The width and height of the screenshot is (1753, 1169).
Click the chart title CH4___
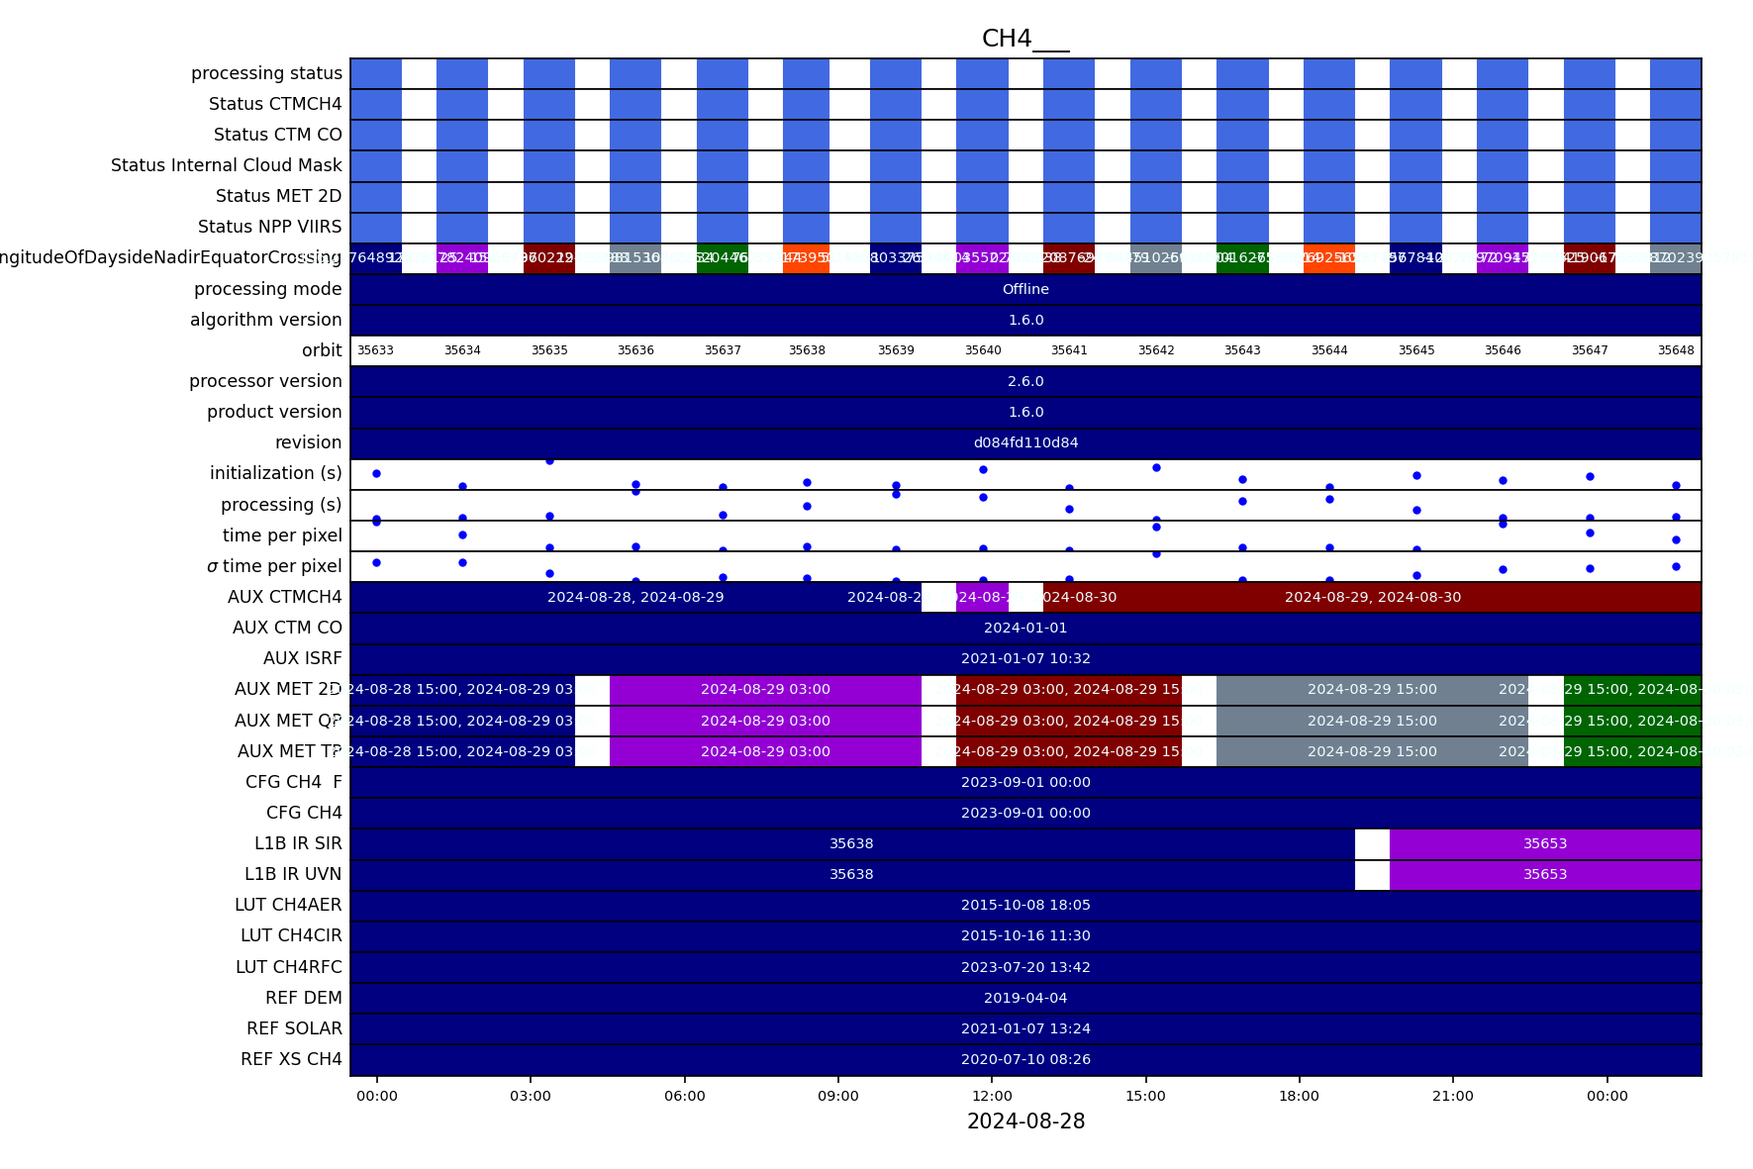1024,39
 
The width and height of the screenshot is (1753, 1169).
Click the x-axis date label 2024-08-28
1025,1121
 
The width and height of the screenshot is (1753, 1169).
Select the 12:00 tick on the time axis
992,1096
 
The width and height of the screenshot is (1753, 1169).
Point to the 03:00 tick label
531,1096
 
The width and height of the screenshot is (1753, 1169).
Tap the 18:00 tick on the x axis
1299,1096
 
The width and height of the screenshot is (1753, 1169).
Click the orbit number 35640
983,350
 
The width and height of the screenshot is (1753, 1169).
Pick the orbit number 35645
1416,350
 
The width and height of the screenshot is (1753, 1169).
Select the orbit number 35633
375,350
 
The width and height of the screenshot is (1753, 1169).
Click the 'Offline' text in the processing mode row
1025,289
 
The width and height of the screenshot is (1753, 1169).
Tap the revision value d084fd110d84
1025,442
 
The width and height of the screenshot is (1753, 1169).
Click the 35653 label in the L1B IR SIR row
1545,844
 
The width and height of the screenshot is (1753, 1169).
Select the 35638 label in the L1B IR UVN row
851,875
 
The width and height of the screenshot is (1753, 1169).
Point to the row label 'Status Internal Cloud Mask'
227,165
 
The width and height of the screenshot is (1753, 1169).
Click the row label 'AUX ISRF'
303,658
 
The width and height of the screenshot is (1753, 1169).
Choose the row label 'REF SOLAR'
294,1028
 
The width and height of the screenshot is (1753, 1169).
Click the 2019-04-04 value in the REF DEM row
1025,998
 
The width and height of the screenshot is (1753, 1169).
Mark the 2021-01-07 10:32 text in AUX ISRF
1025,658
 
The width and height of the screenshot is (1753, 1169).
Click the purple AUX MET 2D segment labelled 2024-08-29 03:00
765,690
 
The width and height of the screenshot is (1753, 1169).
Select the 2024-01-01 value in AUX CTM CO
1025,628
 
